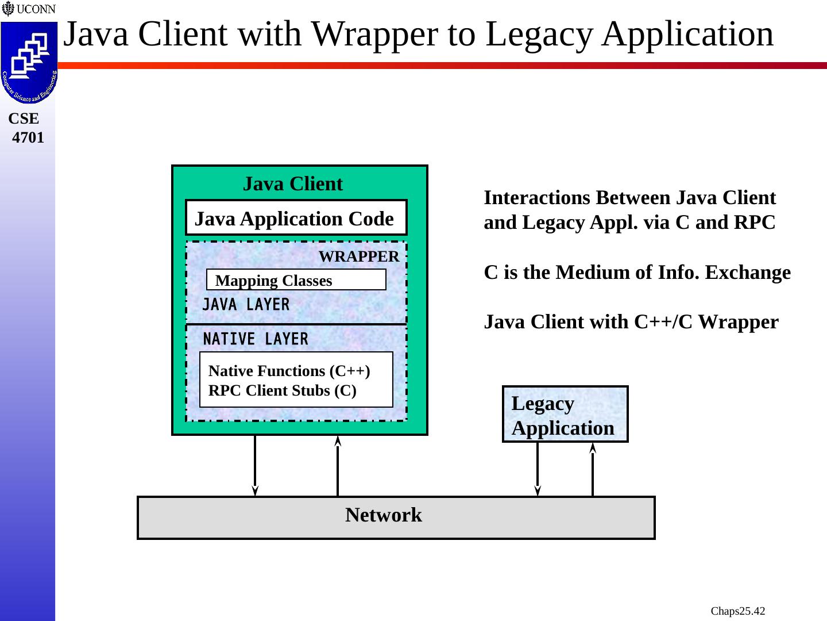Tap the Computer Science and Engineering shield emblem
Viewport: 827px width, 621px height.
[x=29, y=62]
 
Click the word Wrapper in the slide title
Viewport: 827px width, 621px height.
[x=378, y=34]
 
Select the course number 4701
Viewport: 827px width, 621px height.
[x=28, y=138]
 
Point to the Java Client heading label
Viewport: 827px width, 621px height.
[x=292, y=184]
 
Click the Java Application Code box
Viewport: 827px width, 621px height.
[x=296, y=218]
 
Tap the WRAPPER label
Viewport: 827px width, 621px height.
[x=358, y=256]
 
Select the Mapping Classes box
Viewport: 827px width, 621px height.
[x=296, y=280]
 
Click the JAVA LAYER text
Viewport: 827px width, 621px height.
[x=246, y=305]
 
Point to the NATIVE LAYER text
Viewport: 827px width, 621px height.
[x=256, y=339]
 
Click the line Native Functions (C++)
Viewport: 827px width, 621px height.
[x=289, y=371]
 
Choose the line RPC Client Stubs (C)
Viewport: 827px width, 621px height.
[x=282, y=390]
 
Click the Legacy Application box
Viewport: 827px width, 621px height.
[x=565, y=415]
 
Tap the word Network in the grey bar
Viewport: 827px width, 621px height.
[x=383, y=515]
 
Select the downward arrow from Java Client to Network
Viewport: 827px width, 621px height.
[x=255, y=466]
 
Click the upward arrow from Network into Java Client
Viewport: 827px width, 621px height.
[x=338, y=466]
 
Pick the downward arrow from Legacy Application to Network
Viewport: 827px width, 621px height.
[x=538, y=469]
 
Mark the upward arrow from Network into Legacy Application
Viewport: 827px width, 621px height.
[x=593, y=469]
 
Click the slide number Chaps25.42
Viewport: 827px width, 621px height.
[x=737, y=611]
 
